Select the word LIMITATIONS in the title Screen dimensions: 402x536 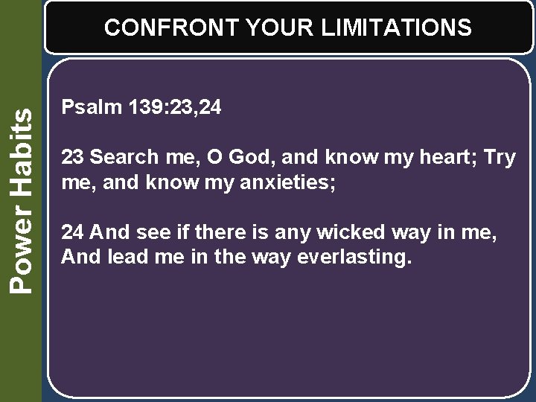coord(397,28)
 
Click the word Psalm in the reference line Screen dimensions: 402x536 coord(82,108)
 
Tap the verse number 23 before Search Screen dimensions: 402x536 coord(72,158)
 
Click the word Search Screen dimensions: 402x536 coord(124,158)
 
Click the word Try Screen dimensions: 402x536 coord(500,158)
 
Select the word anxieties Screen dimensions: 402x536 coord(292,182)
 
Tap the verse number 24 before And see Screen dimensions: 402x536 coord(72,233)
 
